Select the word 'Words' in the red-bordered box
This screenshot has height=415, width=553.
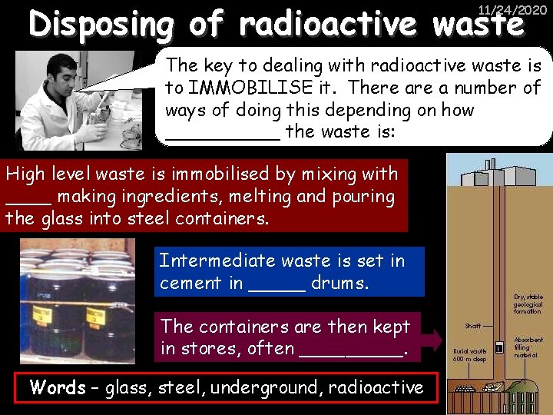(x=58, y=387)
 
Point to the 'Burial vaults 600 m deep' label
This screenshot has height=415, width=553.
(x=469, y=355)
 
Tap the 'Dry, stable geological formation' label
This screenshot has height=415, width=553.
(x=528, y=304)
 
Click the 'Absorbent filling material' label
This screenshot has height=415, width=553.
(x=528, y=347)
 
